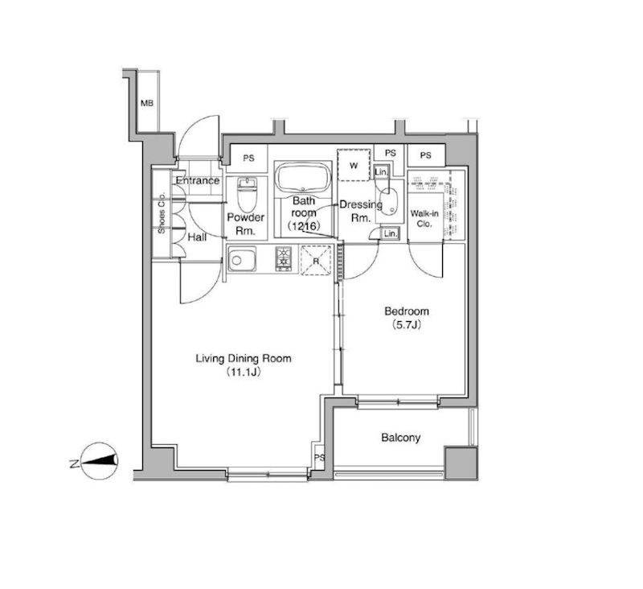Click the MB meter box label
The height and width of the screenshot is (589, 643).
147,104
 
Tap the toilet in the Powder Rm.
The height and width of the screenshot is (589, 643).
247,194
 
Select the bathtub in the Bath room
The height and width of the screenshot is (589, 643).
304,178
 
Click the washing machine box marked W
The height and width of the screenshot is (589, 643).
354,166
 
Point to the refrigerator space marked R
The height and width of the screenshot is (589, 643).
316,261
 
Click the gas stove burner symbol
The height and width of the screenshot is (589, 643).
284,258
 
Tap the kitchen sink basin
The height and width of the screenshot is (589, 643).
242,259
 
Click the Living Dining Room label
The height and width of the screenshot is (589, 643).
244,359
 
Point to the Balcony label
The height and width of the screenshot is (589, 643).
400,438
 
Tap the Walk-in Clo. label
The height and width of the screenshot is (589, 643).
424,219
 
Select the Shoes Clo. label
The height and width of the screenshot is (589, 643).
162,213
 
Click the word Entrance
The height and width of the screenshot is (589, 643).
198,180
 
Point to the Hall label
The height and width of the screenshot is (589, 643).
197,237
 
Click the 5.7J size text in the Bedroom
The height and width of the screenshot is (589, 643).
407,325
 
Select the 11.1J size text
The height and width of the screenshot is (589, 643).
244,373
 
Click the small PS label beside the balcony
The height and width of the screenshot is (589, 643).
319,457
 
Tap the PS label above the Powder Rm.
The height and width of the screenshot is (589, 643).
248,158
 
